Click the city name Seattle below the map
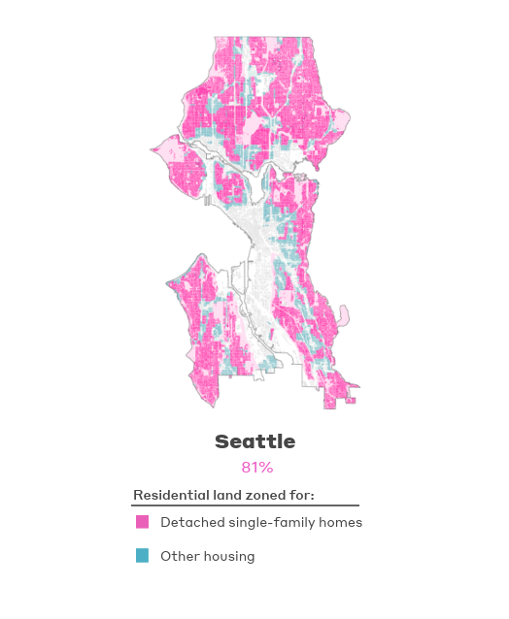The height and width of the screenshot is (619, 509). click(254, 441)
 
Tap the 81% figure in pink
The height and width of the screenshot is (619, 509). click(254, 468)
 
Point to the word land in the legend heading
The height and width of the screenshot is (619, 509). click(229, 495)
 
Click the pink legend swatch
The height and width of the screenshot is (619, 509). click(142, 522)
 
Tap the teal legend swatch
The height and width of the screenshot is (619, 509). click(142, 556)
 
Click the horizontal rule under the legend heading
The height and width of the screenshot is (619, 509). click(246, 505)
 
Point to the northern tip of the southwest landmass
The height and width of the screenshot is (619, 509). click(201, 256)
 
